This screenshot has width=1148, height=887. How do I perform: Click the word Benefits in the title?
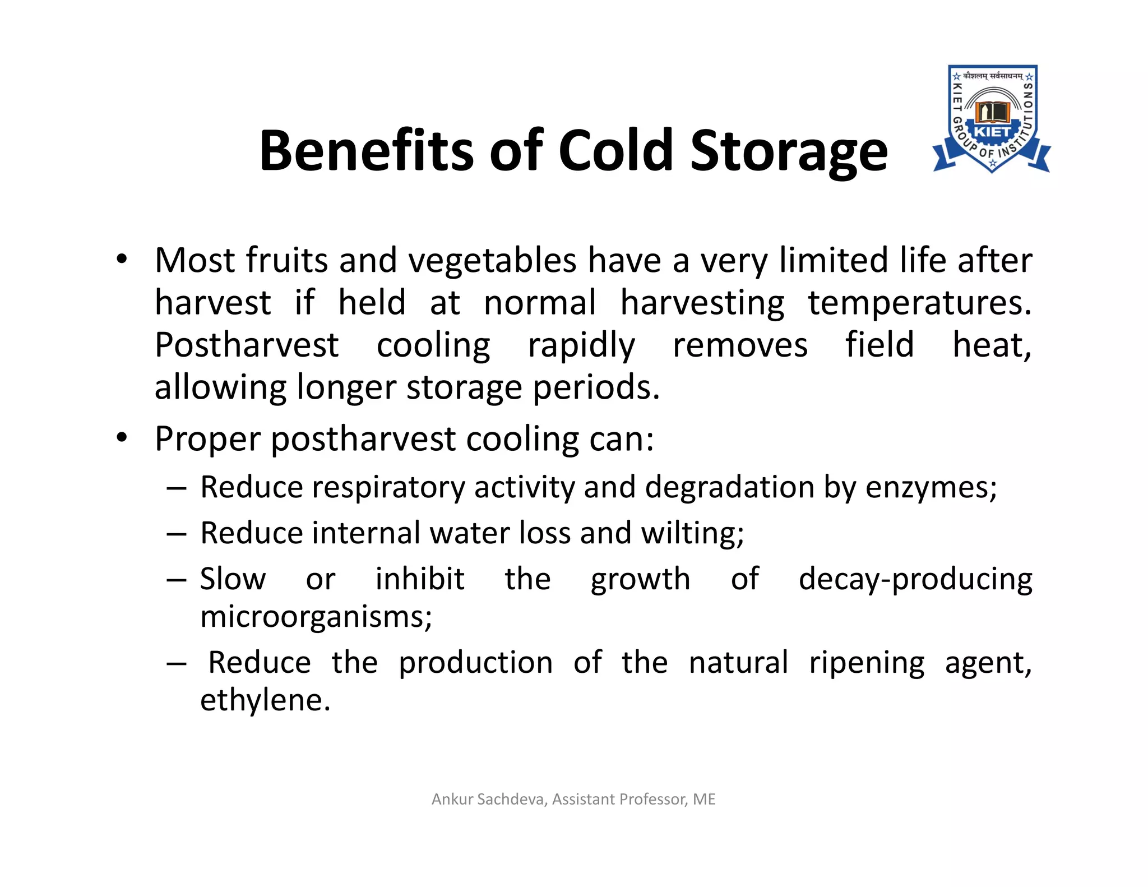pos(370,150)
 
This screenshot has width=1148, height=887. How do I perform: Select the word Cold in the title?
pos(615,150)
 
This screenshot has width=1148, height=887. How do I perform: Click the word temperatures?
pos(919,303)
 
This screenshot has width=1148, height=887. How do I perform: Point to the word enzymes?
pos(931,488)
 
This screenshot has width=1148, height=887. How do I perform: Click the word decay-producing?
pos(915,580)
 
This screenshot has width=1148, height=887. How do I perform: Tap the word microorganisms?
pos(316,617)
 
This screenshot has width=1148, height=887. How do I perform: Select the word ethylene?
pos(265,700)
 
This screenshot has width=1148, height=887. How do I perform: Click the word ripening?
pos(867,663)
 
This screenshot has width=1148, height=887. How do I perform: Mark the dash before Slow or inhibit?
pos(176,579)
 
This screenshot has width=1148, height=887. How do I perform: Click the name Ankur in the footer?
pos(452,799)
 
